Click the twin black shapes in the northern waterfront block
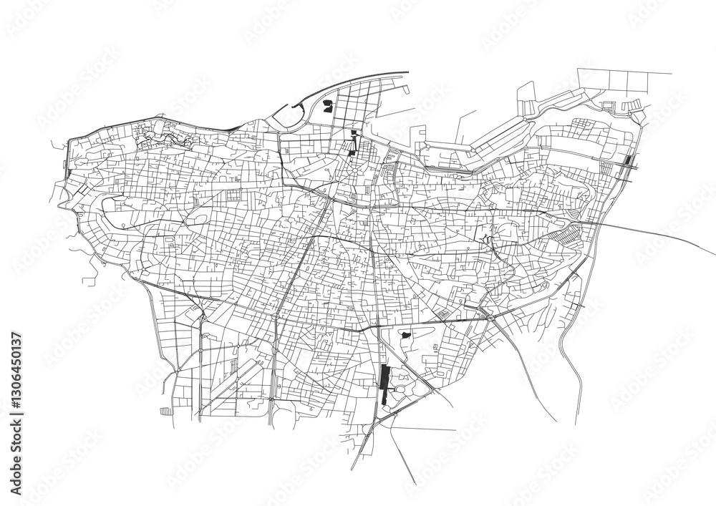[x=328, y=107]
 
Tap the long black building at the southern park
[x=384, y=385]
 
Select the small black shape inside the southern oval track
[x=405, y=335]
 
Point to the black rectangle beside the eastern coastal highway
[x=629, y=160]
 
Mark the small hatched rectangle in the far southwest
[x=166, y=412]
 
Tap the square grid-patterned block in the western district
[x=234, y=195]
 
